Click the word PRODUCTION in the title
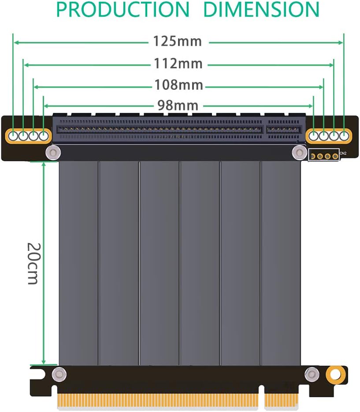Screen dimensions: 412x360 pos(122,10)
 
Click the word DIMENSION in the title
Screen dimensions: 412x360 pos(261,10)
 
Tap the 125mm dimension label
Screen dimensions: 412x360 pos(178,41)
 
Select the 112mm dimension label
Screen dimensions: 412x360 pos(178,64)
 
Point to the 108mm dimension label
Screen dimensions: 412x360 pos(178,85)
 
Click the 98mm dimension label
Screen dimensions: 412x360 pos(178,105)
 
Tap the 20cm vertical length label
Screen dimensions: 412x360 pos(33,263)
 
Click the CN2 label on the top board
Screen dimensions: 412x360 pos(344,154)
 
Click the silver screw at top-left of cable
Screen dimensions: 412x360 pos(53,153)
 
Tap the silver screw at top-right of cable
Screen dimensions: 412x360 pos(299,153)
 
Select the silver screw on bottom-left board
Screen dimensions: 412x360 pos(58,375)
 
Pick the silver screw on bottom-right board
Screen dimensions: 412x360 pos(312,375)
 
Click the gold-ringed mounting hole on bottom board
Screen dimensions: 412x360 pos(335,374)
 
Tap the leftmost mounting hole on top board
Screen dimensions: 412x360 pos(14,136)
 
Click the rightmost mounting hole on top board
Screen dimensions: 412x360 pos(344,136)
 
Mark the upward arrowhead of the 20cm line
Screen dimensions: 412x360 pos(43,164)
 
